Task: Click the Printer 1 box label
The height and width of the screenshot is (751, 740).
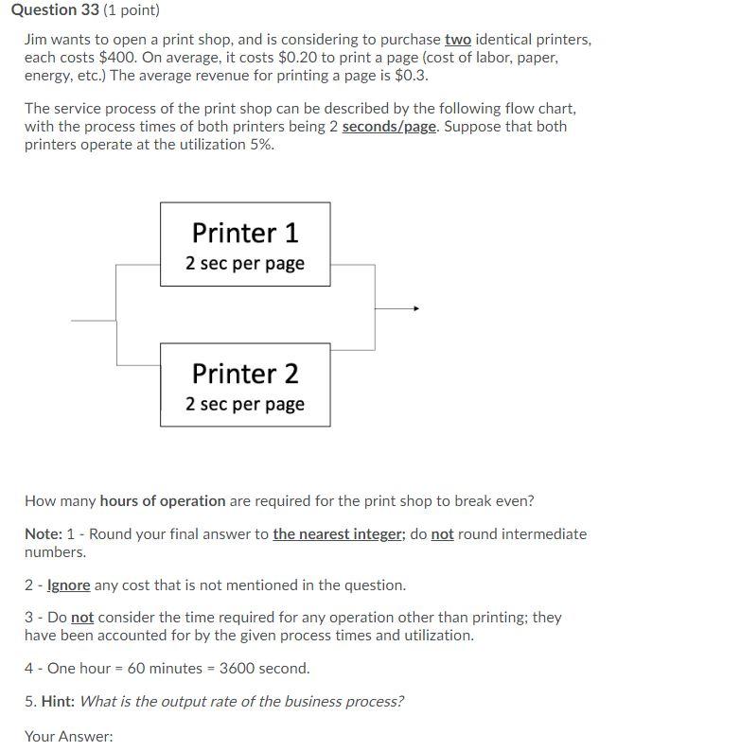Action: pyautogui.click(x=245, y=233)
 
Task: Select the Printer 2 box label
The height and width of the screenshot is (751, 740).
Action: pyautogui.click(x=245, y=374)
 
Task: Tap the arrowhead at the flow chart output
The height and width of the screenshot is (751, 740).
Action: pyautogui.click(x=415, y=308)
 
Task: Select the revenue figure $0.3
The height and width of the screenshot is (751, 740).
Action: pyautogui.click(x=410, y=76)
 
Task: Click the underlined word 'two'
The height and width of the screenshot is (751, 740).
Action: pyautogui.click(x=457, y=40)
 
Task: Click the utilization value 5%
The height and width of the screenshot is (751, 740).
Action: pyautogui.click(x=261, y=144)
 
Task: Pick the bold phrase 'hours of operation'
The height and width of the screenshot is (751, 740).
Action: pyautogui.click(x=163, y=500)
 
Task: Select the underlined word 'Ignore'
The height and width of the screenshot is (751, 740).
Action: pyautogui.click(x=69, y=585)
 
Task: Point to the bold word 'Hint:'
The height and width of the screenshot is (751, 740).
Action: pyautogui.click(x=58, y=701)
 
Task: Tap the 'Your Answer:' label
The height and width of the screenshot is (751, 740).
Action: pyautogui.click(x=68, y=735)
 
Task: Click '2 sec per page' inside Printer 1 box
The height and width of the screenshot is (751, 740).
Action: pyautogui.click(x=245, y=263)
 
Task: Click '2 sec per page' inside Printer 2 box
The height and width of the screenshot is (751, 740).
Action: pyautogui.click(x=245, y=404)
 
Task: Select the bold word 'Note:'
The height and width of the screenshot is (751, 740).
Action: pyautogui.click(x=44, y=533)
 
